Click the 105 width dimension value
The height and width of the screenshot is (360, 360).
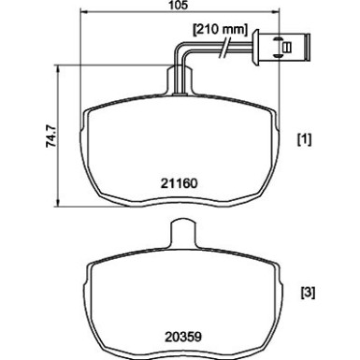pyautogui.click(x=180, y=5)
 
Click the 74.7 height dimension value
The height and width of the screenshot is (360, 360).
pyautogui.click(x=51, y=136)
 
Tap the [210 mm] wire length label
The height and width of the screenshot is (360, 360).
pyautogui.click(x=221, y=30)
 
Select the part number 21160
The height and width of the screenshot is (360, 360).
pyautogui.click(x=180, y=183)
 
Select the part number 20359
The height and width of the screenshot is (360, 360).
pyautogui.click(x=183, y=337)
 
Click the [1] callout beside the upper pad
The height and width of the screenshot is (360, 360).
pyautogui.click(x=304, y=139)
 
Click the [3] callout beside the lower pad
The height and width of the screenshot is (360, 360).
pyautogui.click(x=308, y=293)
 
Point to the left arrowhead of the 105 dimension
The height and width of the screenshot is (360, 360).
pyautogui.click(x=83, y=12)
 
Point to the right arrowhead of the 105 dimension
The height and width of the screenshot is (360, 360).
pyautogui.click(x=277, y=12)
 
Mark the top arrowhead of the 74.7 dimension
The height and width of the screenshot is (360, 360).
pyautogui.click(x=57, y=68)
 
